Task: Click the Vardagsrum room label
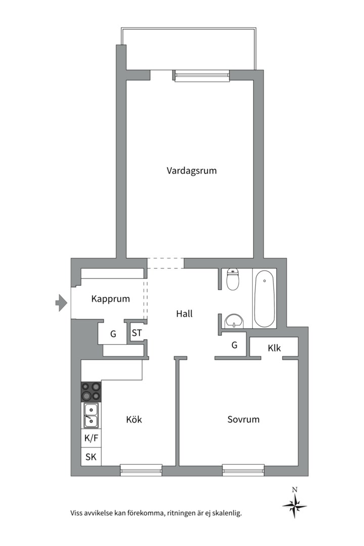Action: tap(192, 170)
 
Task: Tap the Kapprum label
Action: tap(110, 299)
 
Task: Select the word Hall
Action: tap(184, 313)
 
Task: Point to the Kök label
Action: tap(134, 419)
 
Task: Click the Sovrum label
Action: tap(243, 419)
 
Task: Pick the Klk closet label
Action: tap(274, 348)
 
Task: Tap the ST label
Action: tap(136, 333)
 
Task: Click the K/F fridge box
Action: tap(91, 438)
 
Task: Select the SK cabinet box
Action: tap(91, 457)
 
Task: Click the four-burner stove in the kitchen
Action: tap(91, 391)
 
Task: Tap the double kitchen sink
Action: tap(91, 415)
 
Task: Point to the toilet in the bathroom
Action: tap(233, 279)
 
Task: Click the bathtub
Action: tap(264, 298)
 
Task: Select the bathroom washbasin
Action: tap(234, 321)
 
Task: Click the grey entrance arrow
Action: tap(61, 303)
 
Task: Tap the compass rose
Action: tap(294, 505)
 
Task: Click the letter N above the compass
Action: tap(294, 489)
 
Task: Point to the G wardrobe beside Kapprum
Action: tap(113, 334)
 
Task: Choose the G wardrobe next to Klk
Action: tap(234, 345)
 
